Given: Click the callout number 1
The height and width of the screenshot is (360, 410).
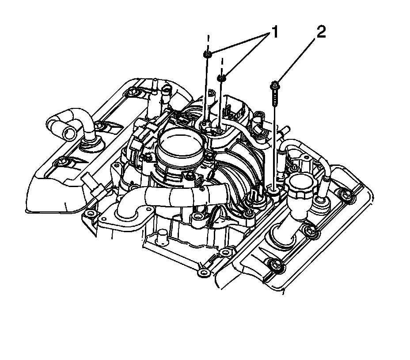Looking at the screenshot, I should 274,32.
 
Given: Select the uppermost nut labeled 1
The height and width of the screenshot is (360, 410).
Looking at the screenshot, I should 207,54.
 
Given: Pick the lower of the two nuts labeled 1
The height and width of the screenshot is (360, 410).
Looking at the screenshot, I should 222,78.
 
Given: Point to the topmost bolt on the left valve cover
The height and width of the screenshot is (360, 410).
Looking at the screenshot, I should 131,92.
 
